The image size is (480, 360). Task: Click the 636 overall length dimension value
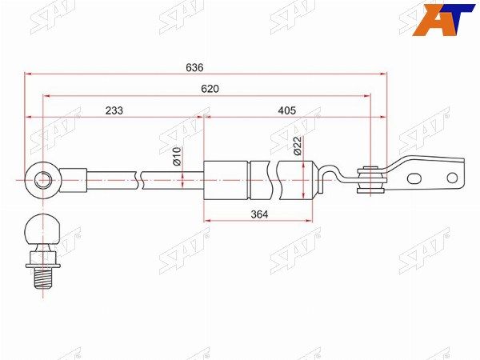click(194, 67)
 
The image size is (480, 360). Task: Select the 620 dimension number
click(210, 89)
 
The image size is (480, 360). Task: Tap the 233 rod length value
click(114, 110)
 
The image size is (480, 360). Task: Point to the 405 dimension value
click(287, 110)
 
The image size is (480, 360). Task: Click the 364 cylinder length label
click(259, 214)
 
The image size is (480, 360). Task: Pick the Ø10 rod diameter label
click(178, 156)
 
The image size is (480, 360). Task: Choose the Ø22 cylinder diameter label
click(298, 146)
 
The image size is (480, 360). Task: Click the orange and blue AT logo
click(443, 20)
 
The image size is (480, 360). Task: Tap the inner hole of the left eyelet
click(42, 180)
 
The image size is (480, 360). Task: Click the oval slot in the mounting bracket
click(414, 178)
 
